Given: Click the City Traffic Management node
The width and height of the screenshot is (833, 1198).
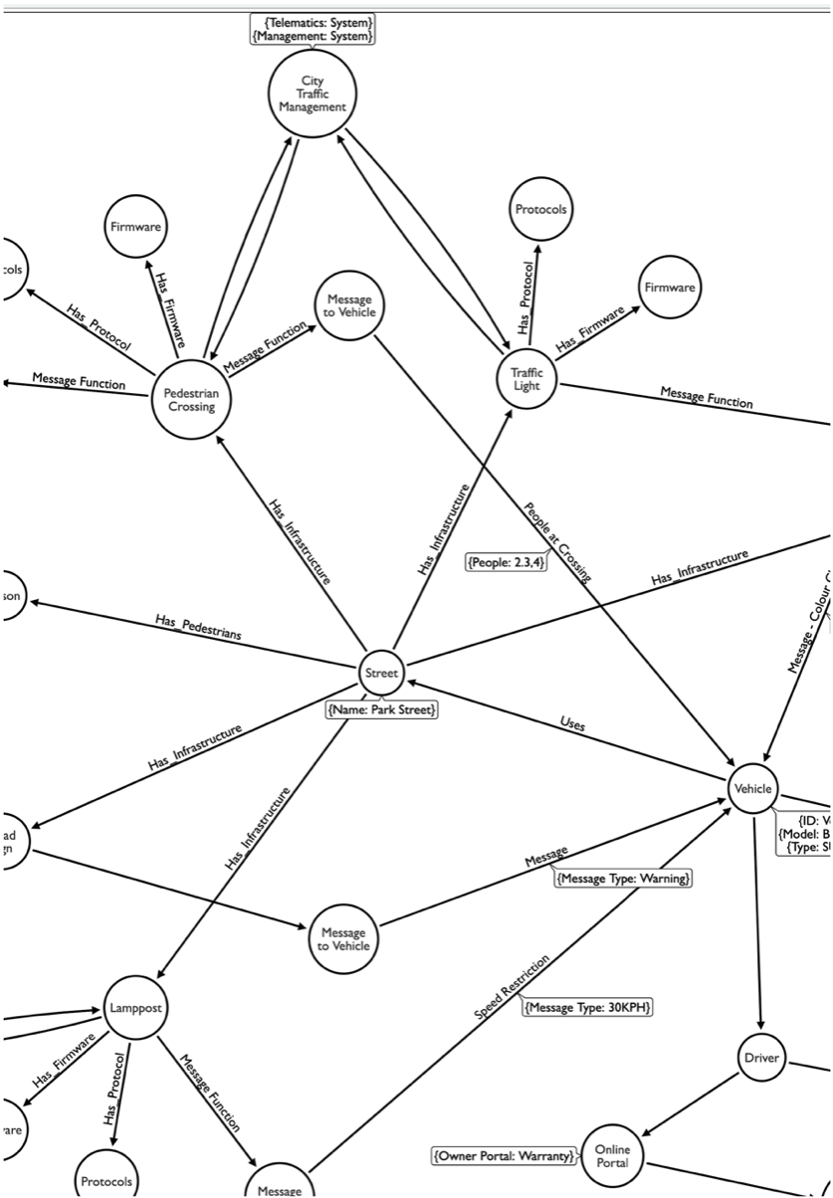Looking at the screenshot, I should (x=312, y=94).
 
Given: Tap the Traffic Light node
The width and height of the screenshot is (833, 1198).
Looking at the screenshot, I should (x=527, y=377).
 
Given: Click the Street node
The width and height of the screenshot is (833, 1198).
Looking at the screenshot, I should (x=381, y=673).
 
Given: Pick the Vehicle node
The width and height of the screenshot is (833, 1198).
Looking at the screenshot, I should (x=752, y=788).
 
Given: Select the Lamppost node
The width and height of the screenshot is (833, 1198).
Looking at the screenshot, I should (x=133, y=1007).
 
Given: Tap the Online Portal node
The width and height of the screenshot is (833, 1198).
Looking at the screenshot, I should (x=612, y=1156).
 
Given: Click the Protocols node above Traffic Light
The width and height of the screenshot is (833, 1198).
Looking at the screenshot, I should (x=540, y=210).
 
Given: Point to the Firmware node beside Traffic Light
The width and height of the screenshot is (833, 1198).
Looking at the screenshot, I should (x=670, y=287).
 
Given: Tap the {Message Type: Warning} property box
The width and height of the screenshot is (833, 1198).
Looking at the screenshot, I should (x=623, y=879).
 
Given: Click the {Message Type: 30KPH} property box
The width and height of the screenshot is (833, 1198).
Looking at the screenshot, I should (x=587, y=1007).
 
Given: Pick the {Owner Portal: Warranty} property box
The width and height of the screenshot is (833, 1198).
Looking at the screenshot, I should (x=505, y=1156).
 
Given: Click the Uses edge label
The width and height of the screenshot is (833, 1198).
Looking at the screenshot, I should (x=572, y=725).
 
